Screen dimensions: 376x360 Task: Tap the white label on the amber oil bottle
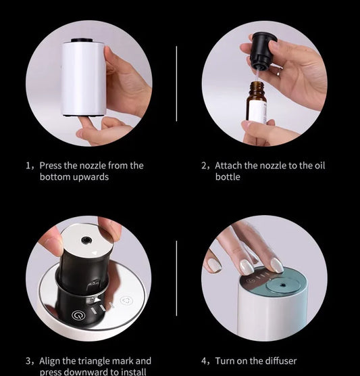click(257, 108)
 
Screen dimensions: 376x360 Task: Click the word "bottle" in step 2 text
click(228, 177)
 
